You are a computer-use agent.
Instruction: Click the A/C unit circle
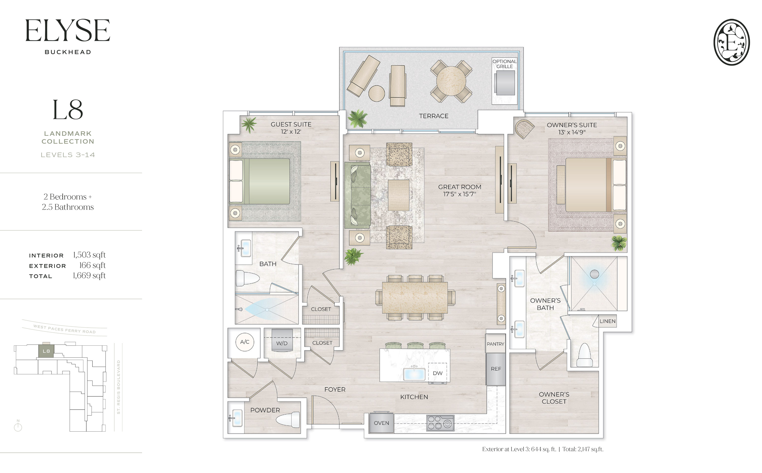point(245,342)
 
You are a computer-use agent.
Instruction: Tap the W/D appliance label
point(282,343)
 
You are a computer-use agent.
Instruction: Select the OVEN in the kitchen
point(381,423)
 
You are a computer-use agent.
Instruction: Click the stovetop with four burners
point(440,423)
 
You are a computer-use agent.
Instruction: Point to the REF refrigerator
point(496,369)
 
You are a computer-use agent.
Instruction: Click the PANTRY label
point(495,344)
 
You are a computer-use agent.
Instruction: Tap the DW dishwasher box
point(437,373)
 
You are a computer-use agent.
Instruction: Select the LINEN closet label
point(607,321)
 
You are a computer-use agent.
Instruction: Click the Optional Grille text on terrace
point(504,64)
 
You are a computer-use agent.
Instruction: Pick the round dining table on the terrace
point(451,81)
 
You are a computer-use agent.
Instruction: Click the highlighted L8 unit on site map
point(46,351)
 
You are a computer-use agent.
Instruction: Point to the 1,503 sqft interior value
point(89,255)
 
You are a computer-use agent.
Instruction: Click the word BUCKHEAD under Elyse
point(68,52)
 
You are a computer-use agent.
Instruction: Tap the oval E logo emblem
point(731,42)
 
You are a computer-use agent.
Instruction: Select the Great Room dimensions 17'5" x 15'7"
point(459,194)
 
